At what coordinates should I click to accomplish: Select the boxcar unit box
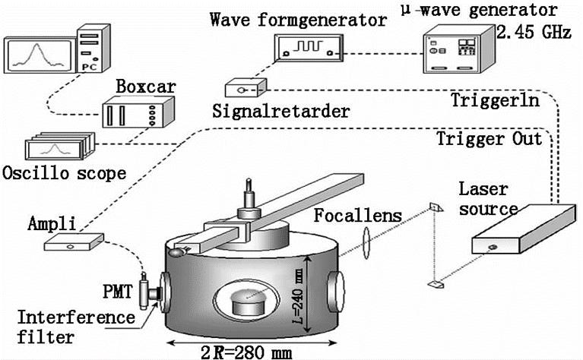pyautogui.click(x=131, y=115)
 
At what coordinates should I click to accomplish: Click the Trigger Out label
pyautogui.click(x=490, y=139)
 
